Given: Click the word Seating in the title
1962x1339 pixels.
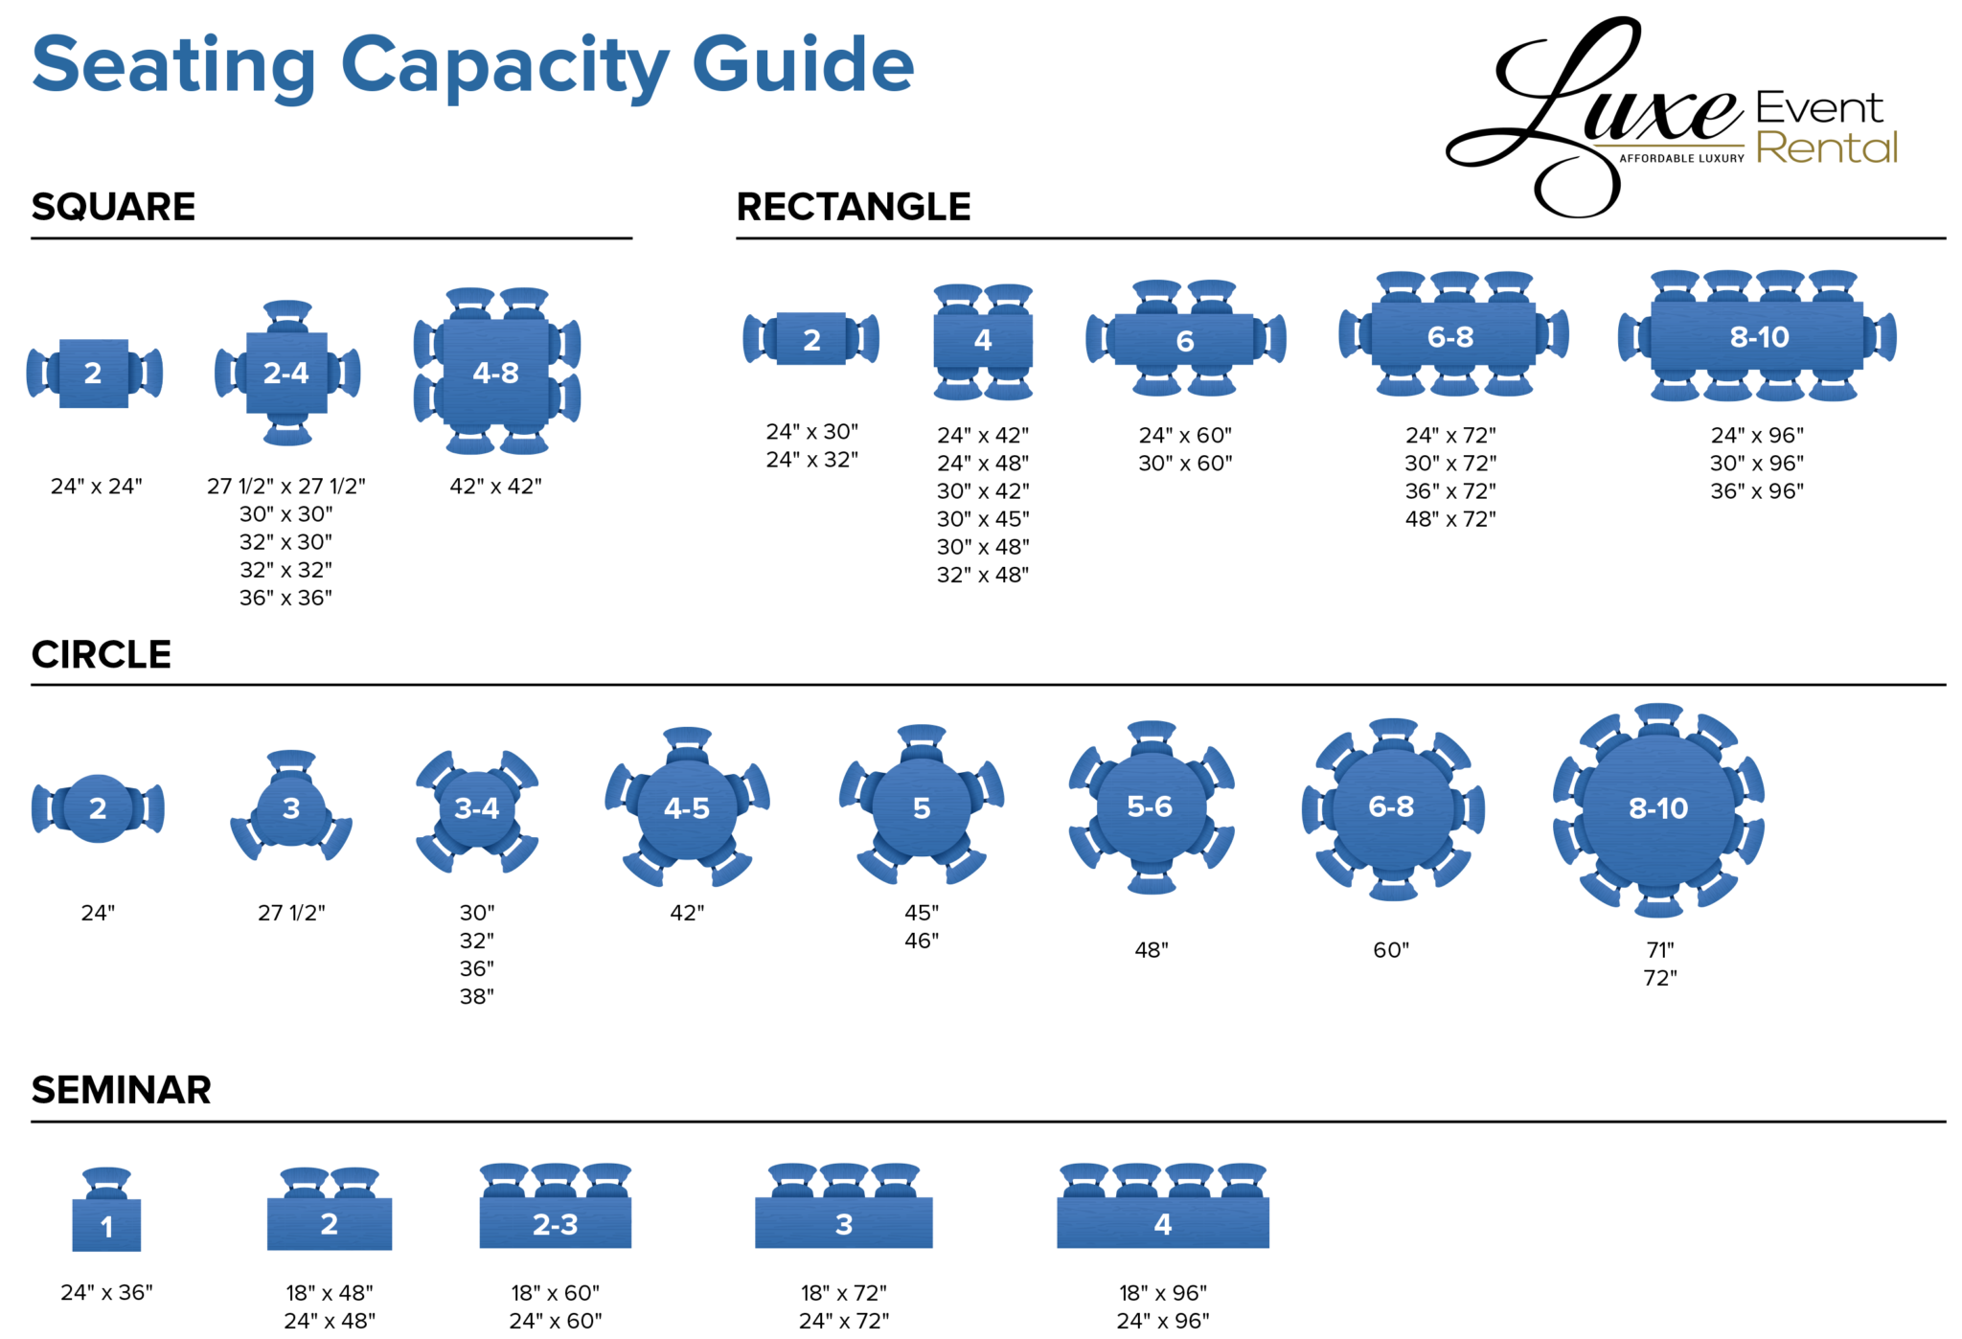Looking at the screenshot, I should click(x=173, y=65).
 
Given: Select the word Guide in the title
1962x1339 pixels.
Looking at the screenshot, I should click(x=803, y=65).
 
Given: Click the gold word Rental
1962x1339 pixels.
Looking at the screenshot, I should click(x=1826, y=148).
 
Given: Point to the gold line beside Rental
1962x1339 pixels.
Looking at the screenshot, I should click(x=1667, y=146).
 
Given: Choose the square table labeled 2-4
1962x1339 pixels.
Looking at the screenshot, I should click(x=286, y=373).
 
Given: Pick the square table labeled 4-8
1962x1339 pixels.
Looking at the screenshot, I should click(x=496, y=372).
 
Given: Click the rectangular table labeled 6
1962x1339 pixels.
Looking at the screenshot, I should click(x=1184, y=340).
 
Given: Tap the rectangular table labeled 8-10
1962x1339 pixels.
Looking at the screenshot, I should click(x=1757, y=336).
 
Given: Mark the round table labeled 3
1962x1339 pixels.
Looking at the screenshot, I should click(x=291, y=808).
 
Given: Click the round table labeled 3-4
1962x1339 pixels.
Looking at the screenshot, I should click(x=476, y=808).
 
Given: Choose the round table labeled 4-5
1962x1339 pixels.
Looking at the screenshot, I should click(x=687, y=808).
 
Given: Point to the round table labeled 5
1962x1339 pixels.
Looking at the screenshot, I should click(x=921, y=808).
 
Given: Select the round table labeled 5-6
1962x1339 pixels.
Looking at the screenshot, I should click(x=1150, y=806).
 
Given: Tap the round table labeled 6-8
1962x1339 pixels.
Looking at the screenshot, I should click(x=1391, y=806).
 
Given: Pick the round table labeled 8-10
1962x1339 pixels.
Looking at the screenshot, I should click(x=1658, y=808).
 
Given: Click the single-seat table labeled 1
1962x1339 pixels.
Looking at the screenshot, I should click(x=106, y=1225).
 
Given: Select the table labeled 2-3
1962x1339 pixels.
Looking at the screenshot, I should click(x=555, y=1223).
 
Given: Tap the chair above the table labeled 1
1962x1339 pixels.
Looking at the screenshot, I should click(x=106, y=1181).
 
